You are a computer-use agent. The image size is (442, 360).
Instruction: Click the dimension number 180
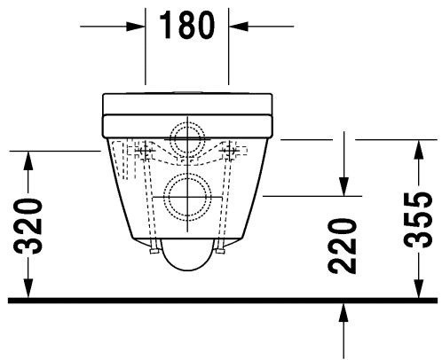187,26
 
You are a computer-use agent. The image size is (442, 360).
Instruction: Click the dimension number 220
343,245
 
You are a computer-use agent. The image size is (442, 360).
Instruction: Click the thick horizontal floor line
222,301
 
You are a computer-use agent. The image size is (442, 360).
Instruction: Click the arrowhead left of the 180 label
136,27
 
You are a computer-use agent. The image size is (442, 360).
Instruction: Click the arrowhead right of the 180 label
241,27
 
